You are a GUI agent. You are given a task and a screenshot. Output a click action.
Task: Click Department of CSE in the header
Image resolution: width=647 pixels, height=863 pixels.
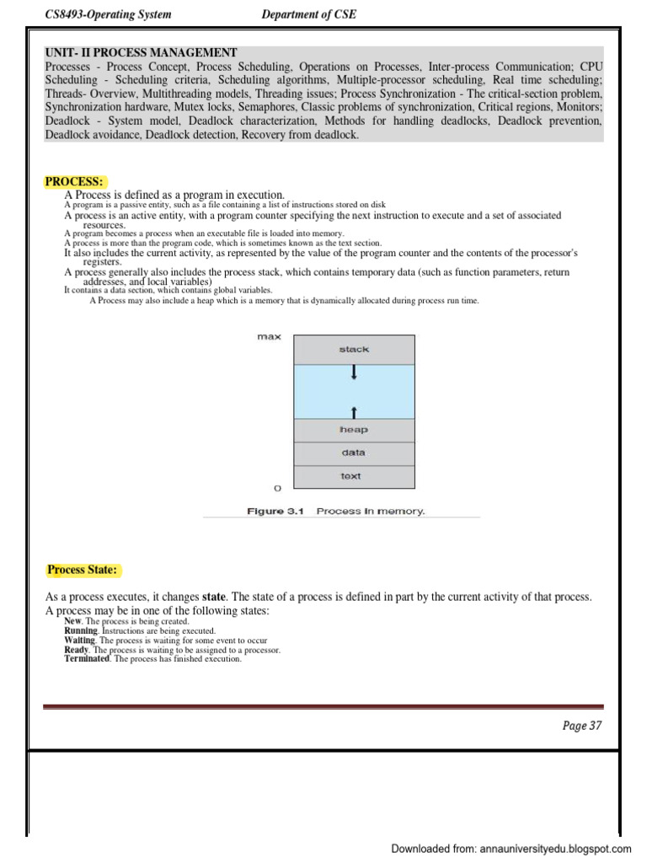[x=309, y=14]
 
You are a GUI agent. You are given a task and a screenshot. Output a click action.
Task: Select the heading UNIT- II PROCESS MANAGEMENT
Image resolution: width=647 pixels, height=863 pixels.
[x=142, y=52]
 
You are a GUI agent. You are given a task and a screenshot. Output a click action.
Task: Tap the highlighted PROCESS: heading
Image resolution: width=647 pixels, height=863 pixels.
[x=74, y=181]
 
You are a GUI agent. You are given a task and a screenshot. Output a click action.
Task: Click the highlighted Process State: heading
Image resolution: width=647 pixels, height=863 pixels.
[x=82, y=570]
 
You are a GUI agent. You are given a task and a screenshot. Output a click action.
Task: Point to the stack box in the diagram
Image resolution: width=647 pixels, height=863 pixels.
[x=354, y=349]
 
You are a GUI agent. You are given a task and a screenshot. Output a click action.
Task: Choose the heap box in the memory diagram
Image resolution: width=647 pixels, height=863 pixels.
[x=354, y=430]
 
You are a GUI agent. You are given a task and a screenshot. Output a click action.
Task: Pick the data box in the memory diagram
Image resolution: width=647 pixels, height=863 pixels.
[x=354, y=453]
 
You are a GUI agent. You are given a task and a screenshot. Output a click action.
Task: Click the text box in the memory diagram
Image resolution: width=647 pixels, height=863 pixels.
[x=351, y=476]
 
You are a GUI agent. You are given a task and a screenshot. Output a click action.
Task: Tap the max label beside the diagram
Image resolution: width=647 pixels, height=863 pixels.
[x=269, y=337]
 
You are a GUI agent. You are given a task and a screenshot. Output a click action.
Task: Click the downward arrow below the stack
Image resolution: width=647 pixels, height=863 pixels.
[x=354, y=372]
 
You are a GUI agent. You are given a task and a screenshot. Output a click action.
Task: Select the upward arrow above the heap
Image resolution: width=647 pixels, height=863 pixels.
[x=354, y=412]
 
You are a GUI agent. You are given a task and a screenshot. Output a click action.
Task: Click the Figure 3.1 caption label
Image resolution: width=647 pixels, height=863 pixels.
[x=274, y=511]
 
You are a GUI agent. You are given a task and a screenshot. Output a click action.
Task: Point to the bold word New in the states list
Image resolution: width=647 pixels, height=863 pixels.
[x=74, y=621]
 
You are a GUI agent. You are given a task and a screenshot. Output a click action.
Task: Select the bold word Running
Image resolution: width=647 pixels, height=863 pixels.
[x=81, y=630]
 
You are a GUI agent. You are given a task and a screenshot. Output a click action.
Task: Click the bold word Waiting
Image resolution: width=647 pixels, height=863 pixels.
[x=80, y=641]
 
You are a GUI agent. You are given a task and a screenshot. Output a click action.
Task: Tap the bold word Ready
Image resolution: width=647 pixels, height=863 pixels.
[x=76, y=650]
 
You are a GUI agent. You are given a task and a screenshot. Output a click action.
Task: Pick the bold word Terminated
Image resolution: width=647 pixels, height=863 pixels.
[x=87, y=659]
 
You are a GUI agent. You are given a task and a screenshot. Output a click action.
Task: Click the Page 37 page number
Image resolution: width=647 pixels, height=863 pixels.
[x=582, y=726]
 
